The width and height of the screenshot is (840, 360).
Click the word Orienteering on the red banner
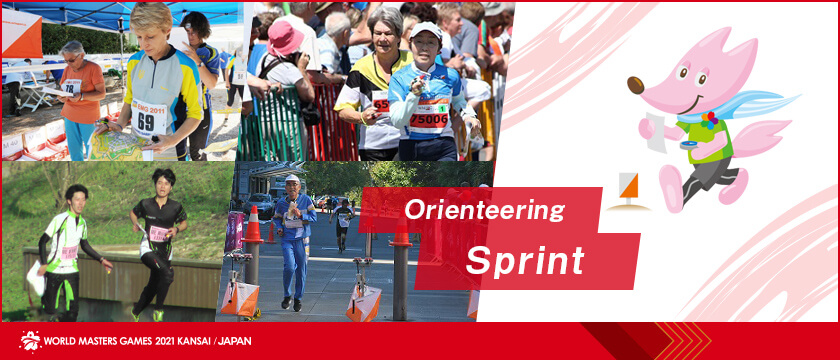[x=484, y=211]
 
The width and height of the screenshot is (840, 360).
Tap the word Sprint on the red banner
[x=525, y=261]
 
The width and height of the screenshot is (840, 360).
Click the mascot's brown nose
[x=636, y=85]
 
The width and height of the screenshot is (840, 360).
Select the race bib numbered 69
[x=148, y=119]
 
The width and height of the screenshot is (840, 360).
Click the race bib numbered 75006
[x=429, y=119]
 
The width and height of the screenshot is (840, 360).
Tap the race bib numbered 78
[x=71, y=87]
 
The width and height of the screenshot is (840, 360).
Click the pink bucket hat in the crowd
[x=284, y=39]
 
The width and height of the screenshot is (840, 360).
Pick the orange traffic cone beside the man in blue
[x=253, y=225]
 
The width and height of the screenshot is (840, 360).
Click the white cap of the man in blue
[x=292, y=178]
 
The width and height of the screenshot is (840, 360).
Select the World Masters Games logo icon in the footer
[x=30, y=341]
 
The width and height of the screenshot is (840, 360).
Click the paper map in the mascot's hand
[x=656, y=131]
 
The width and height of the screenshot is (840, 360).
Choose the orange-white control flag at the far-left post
[x=239, y=298]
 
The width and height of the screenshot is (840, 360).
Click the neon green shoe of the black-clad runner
[x=158, y=315]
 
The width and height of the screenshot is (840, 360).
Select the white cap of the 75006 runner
[x=426, y=29]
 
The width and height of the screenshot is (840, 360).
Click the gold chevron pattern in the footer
[x=681, y=341]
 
